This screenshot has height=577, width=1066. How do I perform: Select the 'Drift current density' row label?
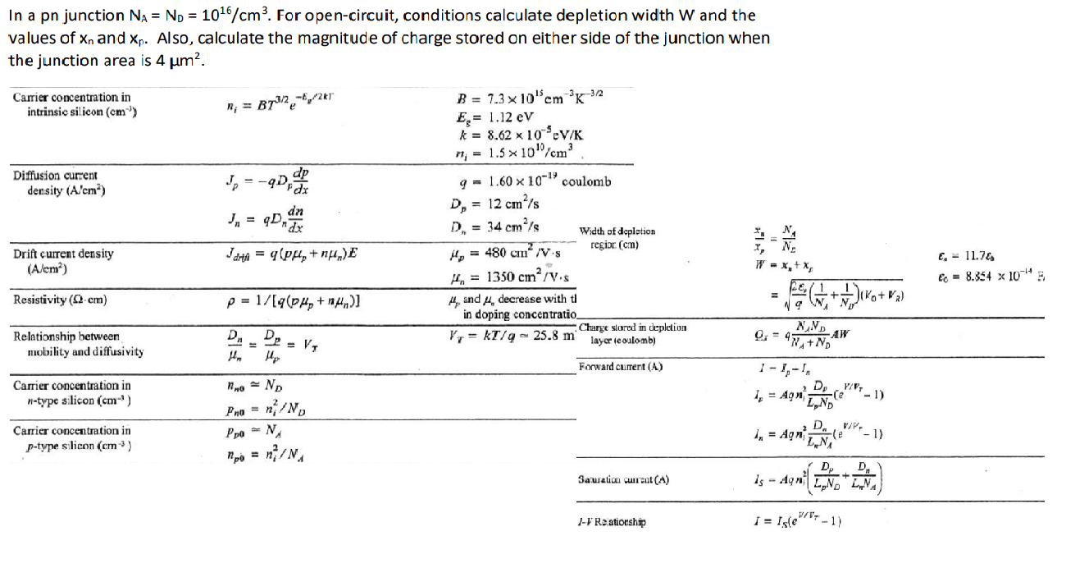tap(63, 260)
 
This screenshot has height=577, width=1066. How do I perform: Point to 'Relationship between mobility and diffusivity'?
tap(78, 344)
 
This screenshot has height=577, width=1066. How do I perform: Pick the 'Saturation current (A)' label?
tap(623, 479)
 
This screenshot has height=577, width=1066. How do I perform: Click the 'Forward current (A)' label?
tap(621, 366)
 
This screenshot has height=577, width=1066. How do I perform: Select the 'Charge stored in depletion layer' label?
tap(632, 333)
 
